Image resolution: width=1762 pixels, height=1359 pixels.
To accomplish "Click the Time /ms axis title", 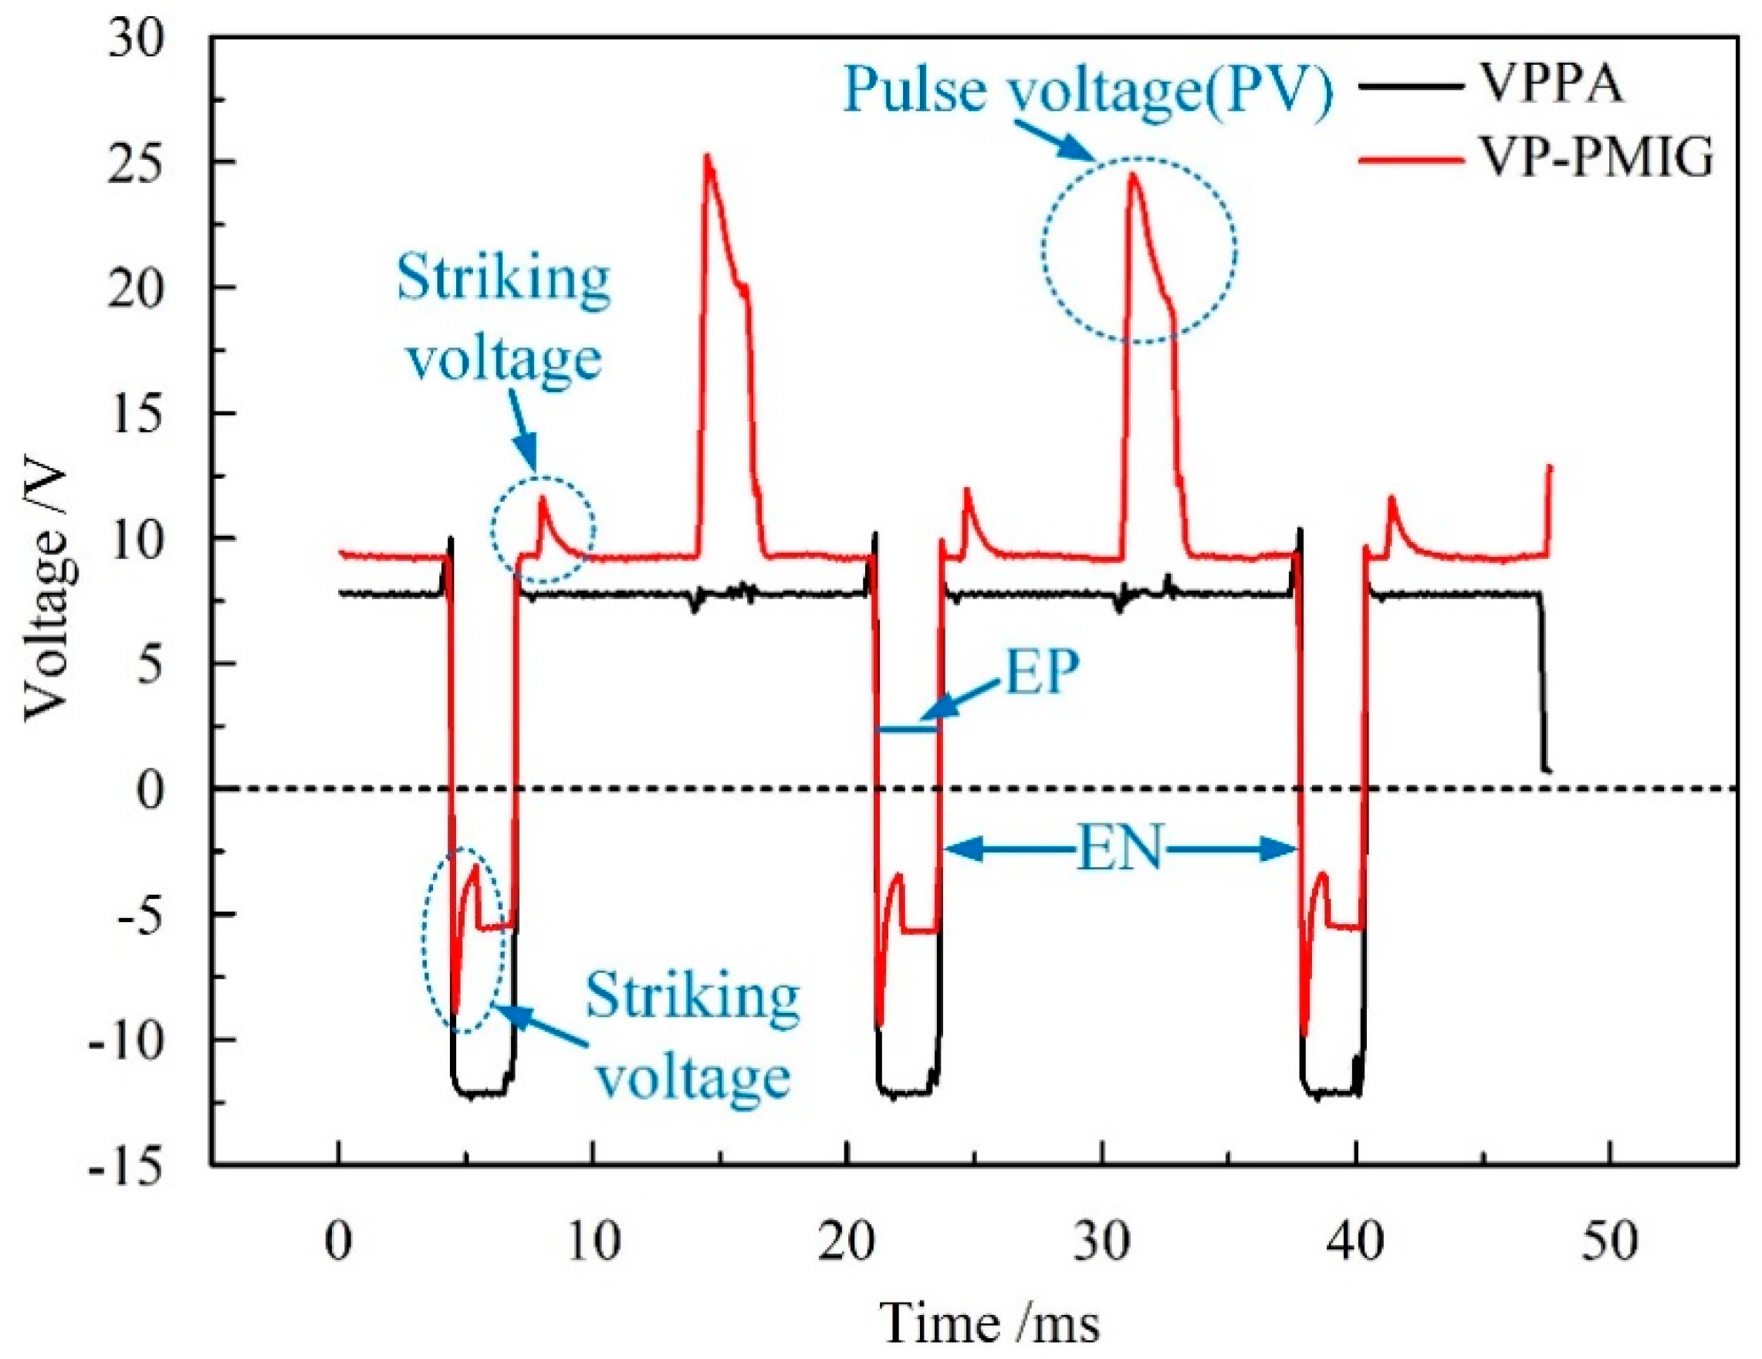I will click(992, 1323).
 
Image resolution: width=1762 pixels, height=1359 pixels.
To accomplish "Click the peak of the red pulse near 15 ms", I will click(708, 157).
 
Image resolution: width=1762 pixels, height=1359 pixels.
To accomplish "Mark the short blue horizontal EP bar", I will click(908, 730).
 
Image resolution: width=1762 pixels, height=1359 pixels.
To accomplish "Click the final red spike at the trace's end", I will click(1549, 468).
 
